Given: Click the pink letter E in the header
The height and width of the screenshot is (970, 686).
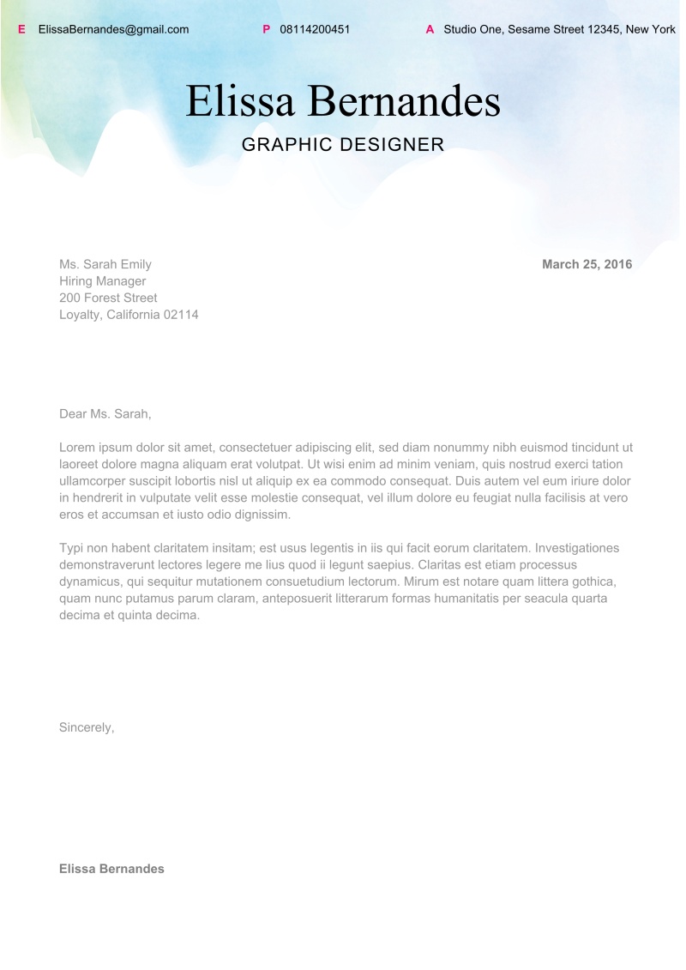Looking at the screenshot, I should click(21, 29).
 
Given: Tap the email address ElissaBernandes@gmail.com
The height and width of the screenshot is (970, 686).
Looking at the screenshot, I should click(113, 29).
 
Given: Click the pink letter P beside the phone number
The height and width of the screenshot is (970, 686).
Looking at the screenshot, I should click(266, 29).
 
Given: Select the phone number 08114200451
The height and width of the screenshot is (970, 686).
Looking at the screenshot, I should click(315, 29).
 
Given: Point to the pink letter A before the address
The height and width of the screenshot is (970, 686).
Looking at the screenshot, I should click(430, 29).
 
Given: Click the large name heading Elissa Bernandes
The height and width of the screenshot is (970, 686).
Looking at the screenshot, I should click(343, 101).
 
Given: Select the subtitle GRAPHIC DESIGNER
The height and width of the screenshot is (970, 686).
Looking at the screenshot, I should click(343, 144).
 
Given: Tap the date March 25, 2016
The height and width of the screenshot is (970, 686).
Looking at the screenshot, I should click(587, 264).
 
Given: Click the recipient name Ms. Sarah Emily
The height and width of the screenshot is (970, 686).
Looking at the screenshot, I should click(105, 264).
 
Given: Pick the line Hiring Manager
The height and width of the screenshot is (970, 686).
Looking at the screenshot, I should click(102, 280).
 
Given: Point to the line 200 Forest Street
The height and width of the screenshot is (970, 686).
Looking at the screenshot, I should click(108, 298).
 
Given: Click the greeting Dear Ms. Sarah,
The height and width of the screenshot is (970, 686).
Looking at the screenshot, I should click(105, 413).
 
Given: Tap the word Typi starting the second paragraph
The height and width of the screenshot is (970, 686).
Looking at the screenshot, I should click(71, 547).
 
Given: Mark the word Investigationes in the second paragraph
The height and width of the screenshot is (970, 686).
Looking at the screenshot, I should click(576, 547).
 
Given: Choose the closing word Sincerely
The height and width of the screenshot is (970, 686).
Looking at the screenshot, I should click(86, 727).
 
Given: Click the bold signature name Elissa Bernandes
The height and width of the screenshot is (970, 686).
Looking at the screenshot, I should click(111, 869).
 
